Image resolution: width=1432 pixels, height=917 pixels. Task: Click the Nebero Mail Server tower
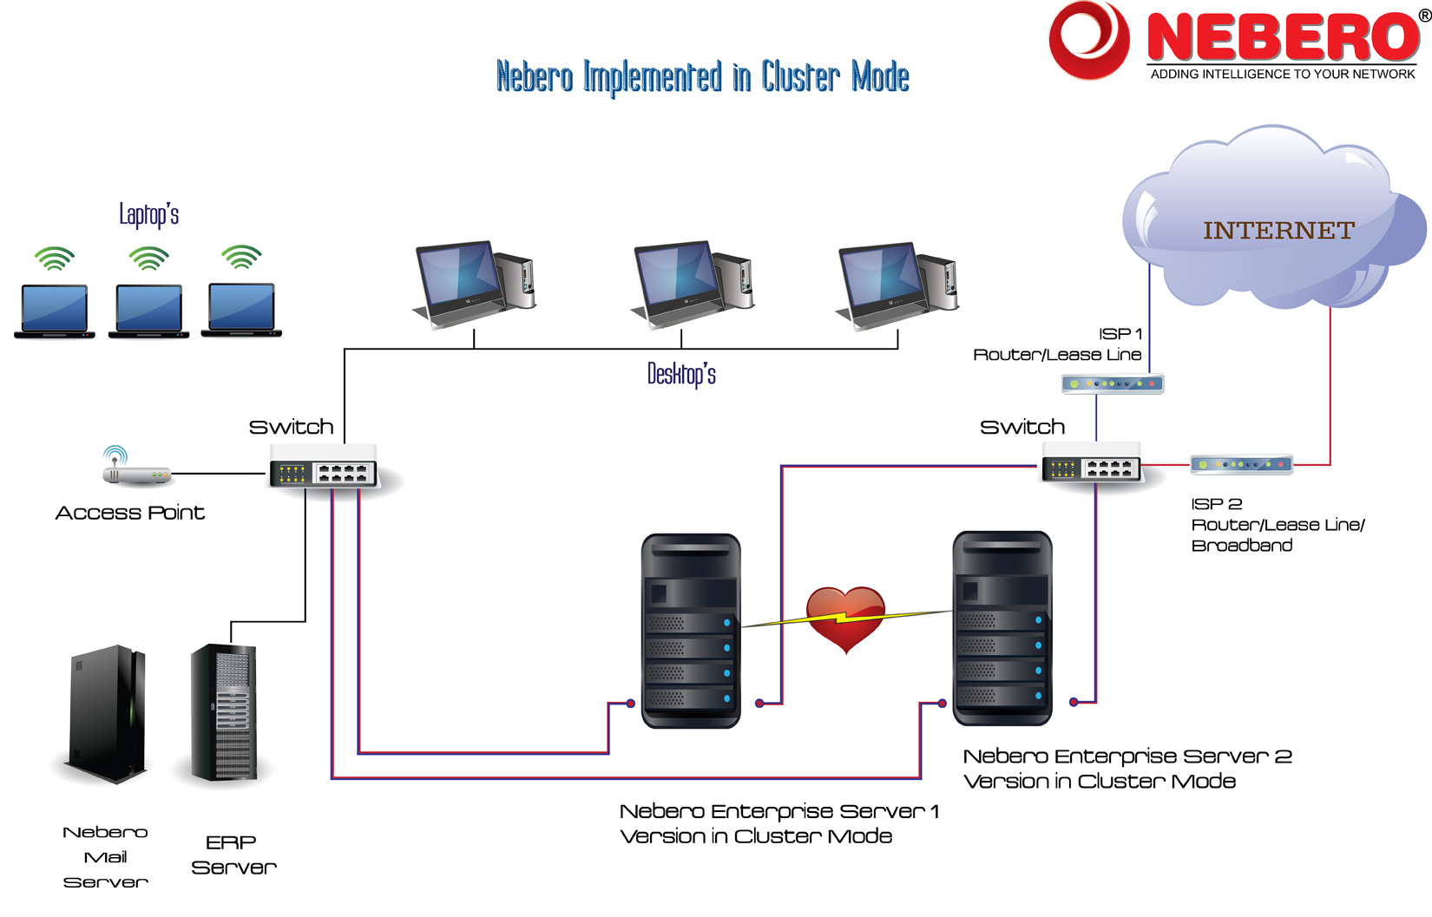pos(108,714)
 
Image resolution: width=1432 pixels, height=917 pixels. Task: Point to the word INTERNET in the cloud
pos(1278,230)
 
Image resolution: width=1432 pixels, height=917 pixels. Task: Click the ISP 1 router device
pos(1113,384)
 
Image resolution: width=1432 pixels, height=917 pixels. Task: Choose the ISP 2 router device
pos(1241,464)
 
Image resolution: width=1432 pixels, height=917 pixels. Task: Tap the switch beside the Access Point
pos(324,467)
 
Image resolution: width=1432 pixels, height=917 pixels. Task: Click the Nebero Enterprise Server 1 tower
pos(691,631)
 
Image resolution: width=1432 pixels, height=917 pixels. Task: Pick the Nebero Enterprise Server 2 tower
pos(1002,628)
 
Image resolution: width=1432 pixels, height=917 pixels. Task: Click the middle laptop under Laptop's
pos(149,311)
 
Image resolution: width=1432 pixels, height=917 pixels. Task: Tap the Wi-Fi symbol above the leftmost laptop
pos(55,259)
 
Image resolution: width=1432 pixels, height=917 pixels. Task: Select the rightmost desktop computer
pos(897,285)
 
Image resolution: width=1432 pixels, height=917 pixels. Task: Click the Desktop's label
pos(681,375)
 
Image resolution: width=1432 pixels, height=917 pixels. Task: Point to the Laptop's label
pos(149,214)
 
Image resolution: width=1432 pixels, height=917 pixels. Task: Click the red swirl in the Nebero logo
pos(1088,40)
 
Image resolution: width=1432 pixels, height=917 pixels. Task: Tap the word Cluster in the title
pos(799,76)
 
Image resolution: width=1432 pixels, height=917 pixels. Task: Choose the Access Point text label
pos(130,513)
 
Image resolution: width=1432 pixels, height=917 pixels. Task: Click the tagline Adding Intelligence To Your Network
pos(1283,74)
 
